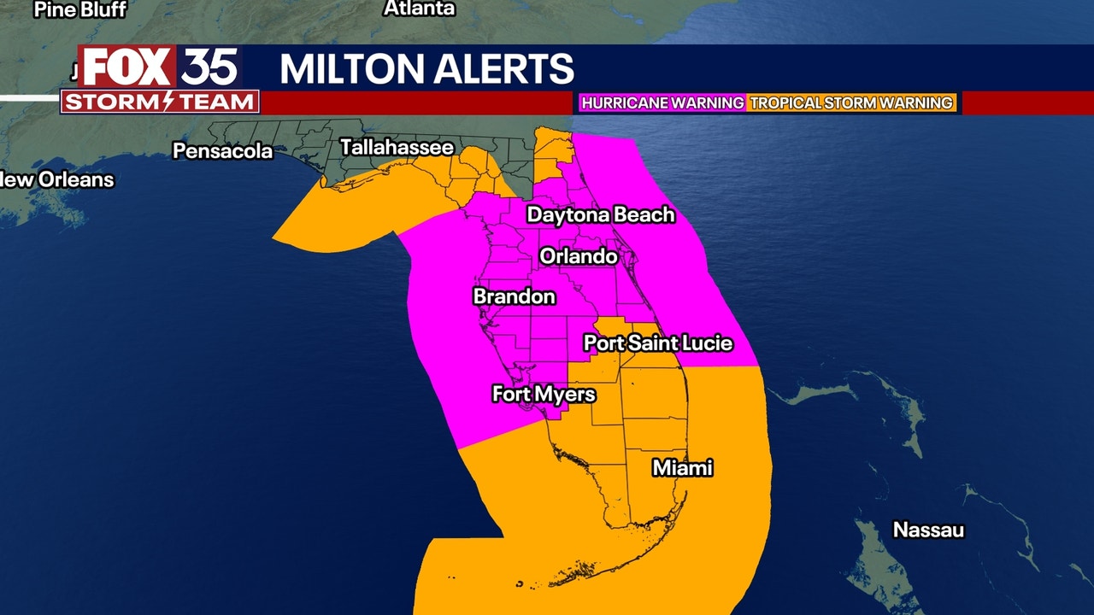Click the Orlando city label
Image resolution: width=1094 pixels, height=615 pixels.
[578, 256]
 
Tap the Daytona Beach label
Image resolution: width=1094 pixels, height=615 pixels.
[600, 214]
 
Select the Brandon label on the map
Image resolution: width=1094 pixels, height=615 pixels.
[514, 296]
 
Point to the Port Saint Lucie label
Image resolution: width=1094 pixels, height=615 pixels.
[657, 343]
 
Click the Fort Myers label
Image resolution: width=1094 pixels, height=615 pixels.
[544, 394]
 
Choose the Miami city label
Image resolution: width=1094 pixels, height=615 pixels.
[682, 468]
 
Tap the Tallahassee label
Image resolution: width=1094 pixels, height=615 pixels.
[397, 147]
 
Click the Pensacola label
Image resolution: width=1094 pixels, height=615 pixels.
[222, 151]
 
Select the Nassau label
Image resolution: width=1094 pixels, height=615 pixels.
[928, 530]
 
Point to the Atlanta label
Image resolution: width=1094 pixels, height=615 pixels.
[419, 9]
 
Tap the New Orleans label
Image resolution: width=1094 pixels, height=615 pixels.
[57, 179]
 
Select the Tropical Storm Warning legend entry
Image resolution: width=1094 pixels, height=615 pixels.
[851, 102]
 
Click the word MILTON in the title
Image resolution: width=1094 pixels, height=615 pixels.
[352, 69]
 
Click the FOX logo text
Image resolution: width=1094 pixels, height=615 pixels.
[127, 67]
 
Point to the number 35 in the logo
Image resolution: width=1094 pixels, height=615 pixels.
[209, 67]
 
